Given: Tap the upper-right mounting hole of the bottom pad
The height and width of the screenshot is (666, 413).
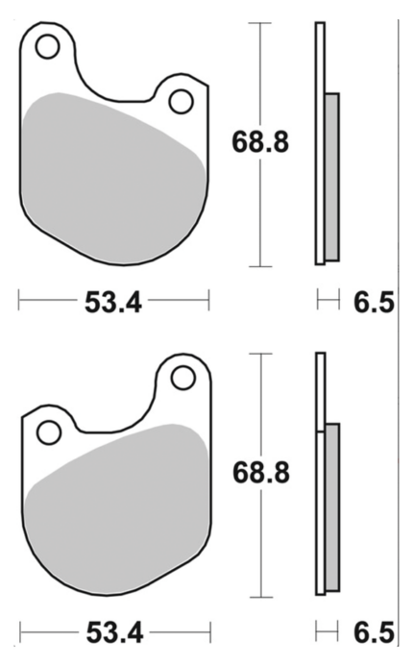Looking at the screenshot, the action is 183,378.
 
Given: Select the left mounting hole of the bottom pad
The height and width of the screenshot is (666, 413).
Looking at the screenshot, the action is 49,432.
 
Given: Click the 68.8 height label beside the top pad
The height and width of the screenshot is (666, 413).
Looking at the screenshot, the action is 260,142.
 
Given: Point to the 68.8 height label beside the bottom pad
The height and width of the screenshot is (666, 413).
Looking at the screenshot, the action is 260,472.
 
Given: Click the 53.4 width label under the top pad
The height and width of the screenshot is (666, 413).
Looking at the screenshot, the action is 113,303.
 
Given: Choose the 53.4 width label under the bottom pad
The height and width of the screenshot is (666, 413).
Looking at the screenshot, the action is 114,633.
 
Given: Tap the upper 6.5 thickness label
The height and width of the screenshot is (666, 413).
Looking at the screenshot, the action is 374,303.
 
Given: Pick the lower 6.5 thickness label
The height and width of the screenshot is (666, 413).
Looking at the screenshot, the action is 374,633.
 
